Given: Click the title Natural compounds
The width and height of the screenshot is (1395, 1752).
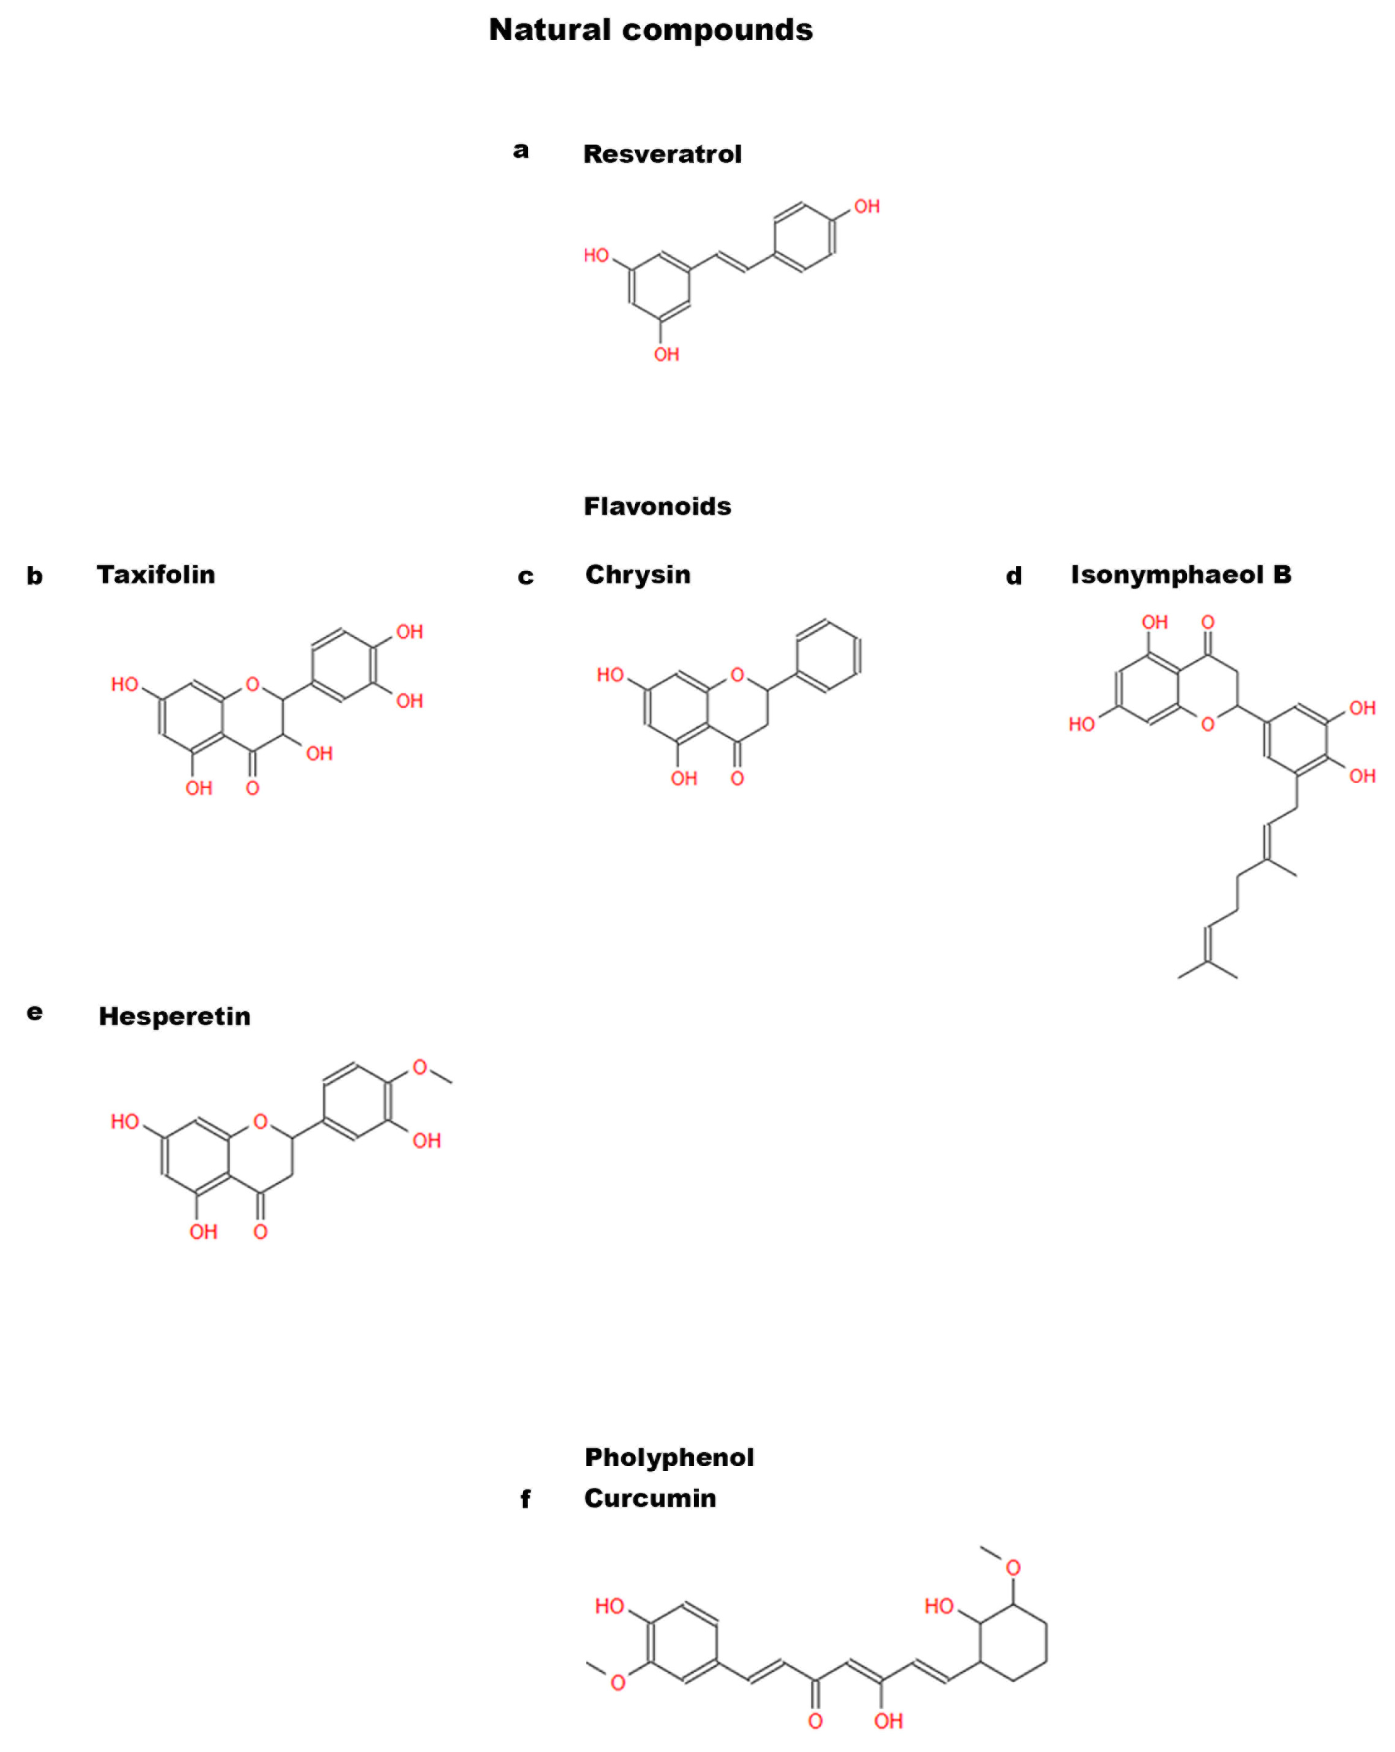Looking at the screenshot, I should coord(650,30).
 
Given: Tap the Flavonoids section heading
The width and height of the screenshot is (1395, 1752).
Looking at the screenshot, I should coord(657,506).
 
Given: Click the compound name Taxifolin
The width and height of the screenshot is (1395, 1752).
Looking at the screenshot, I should coord(156,574).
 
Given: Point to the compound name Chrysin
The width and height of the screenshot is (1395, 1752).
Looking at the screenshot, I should coord(638,574).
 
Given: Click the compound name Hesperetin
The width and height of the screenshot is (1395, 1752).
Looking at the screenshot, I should coord(175,1016).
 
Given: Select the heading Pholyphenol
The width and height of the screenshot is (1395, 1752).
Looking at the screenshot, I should coord(669,1457).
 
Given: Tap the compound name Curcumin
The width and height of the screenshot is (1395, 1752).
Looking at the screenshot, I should coord(650,1498).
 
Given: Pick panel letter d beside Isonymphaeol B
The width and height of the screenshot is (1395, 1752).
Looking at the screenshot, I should coord(1013,576).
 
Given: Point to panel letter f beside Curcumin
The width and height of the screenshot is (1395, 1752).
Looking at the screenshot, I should coord(525,1499).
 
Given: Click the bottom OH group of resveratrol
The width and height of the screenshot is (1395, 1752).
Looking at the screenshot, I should coord(666,354).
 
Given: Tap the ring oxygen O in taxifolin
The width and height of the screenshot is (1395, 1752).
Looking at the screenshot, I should coord(253,684).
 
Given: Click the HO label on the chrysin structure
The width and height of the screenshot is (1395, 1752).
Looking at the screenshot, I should coord(610,674).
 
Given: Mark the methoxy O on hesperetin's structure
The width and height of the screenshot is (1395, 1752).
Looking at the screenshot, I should coord(419,1067).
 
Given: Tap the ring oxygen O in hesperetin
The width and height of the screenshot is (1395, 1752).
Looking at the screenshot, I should coord(260,1121).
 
